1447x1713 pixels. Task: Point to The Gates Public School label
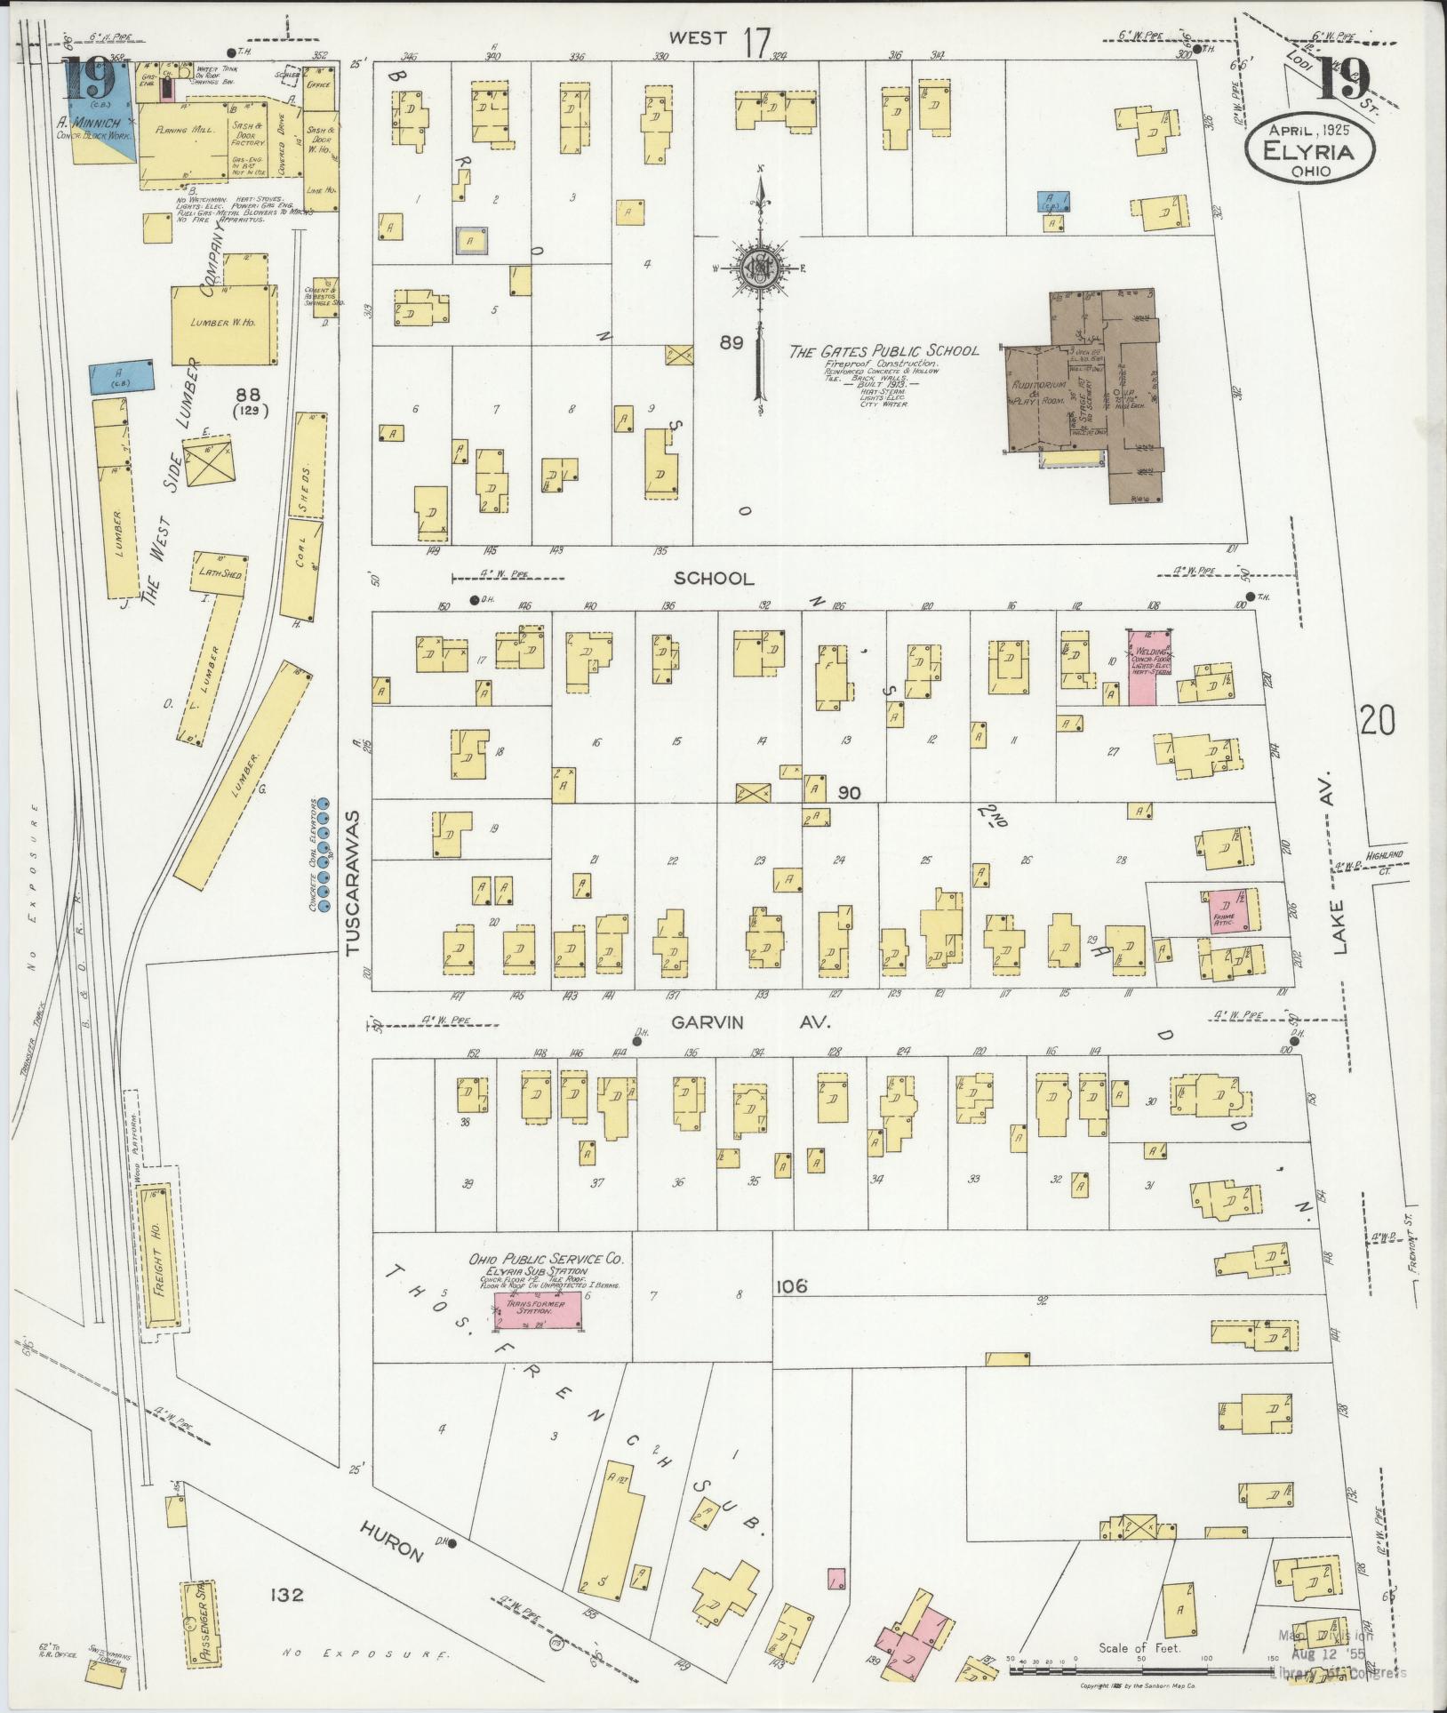[884, 350]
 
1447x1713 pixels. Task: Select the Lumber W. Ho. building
[222, 324]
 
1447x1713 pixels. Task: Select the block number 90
[849, 791]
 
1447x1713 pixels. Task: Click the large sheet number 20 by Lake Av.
[1377, 720]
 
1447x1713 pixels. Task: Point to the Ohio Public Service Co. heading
[547, 1259]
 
